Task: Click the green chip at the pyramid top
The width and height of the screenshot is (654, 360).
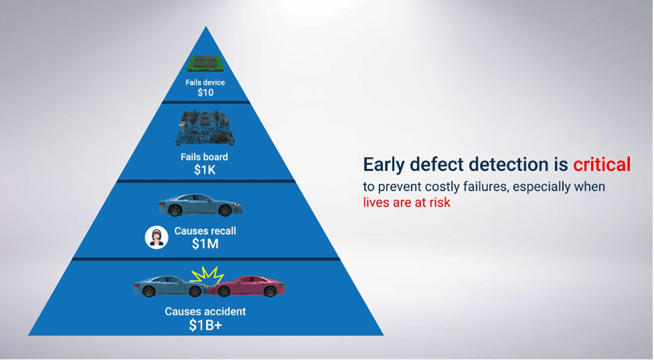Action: [x=205, y=64]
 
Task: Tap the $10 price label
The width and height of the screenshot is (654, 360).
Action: [x=205, y=92]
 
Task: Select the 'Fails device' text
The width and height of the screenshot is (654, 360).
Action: [x=205, y=82]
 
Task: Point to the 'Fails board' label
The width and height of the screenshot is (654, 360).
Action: [x=204, y=157]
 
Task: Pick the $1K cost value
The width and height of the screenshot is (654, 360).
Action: [x=205, y=170]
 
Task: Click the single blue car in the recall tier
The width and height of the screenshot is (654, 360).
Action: [x=201, y=205]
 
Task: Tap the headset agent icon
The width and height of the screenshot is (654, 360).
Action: [x=157, y=238]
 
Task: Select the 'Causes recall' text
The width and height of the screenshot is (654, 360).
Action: [x=205, y=231]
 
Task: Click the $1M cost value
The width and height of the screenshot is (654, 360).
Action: [x=205, y=244]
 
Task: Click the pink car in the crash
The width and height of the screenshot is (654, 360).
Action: [x=248, y=286]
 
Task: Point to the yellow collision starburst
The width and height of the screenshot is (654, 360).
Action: [x=208, y=275]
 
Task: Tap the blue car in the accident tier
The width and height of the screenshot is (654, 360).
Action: [x=171, y=286]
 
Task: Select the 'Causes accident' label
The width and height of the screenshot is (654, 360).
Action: [x=205, y=311]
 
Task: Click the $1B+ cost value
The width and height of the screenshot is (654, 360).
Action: [x=205, y=325]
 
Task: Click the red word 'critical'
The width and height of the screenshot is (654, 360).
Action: [x=602, y=164]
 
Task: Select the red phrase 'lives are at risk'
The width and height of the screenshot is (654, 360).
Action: [x=407, y=202]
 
